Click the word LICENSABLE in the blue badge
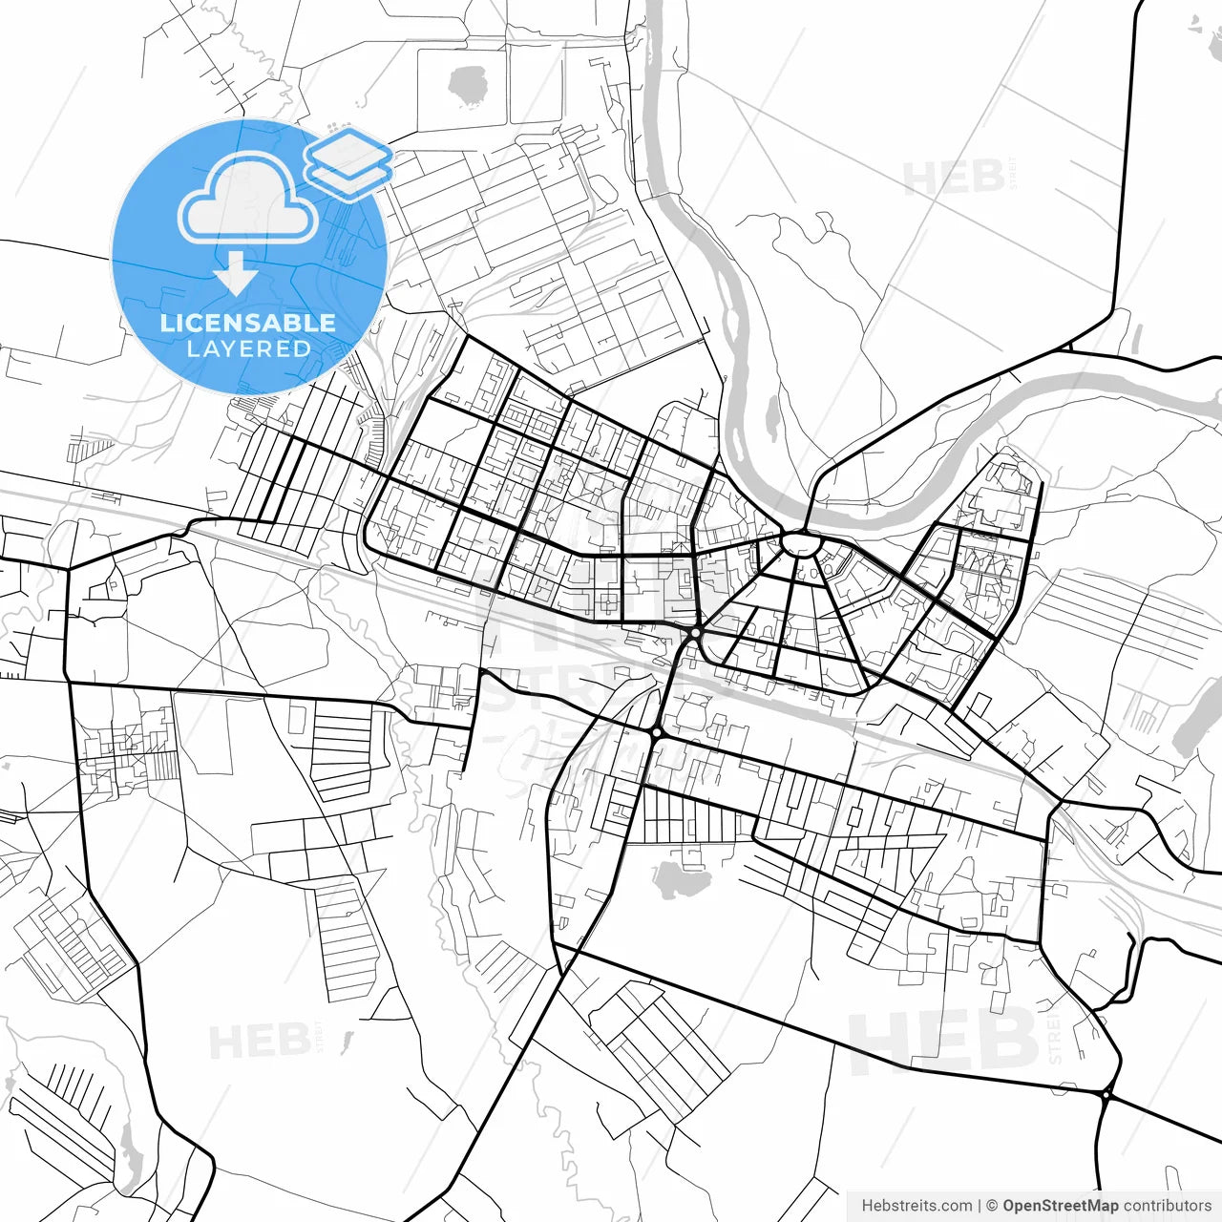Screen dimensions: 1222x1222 (x=248, y=323)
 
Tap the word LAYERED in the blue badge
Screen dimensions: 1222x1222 (x=248, y=348)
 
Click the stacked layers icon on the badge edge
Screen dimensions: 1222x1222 (x=349, y=163)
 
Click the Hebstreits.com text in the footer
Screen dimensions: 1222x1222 (x=916, y=1206)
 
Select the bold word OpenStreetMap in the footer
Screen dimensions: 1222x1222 (x=1060, y=1206)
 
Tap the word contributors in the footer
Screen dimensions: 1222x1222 (x=1167, y=1206)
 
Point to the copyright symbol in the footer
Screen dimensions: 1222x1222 (x=992, y=1206)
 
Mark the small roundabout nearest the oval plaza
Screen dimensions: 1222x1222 (x=696, y=633)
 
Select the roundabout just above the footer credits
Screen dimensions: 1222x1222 (x=1106, y=1095)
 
